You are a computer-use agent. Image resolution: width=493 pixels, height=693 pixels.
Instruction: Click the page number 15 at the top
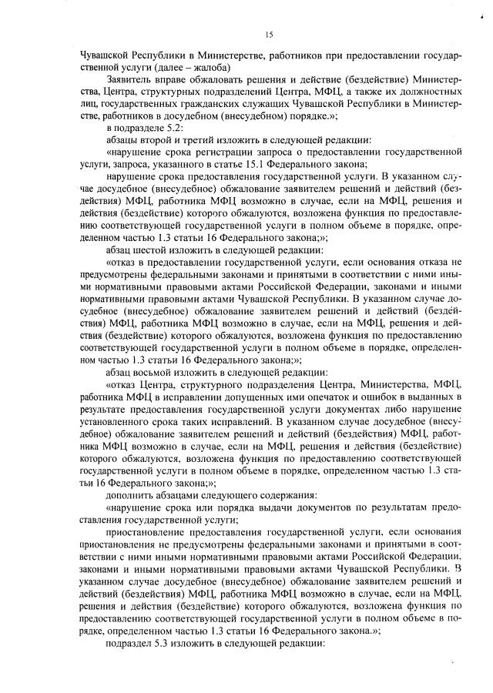[270, 34]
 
